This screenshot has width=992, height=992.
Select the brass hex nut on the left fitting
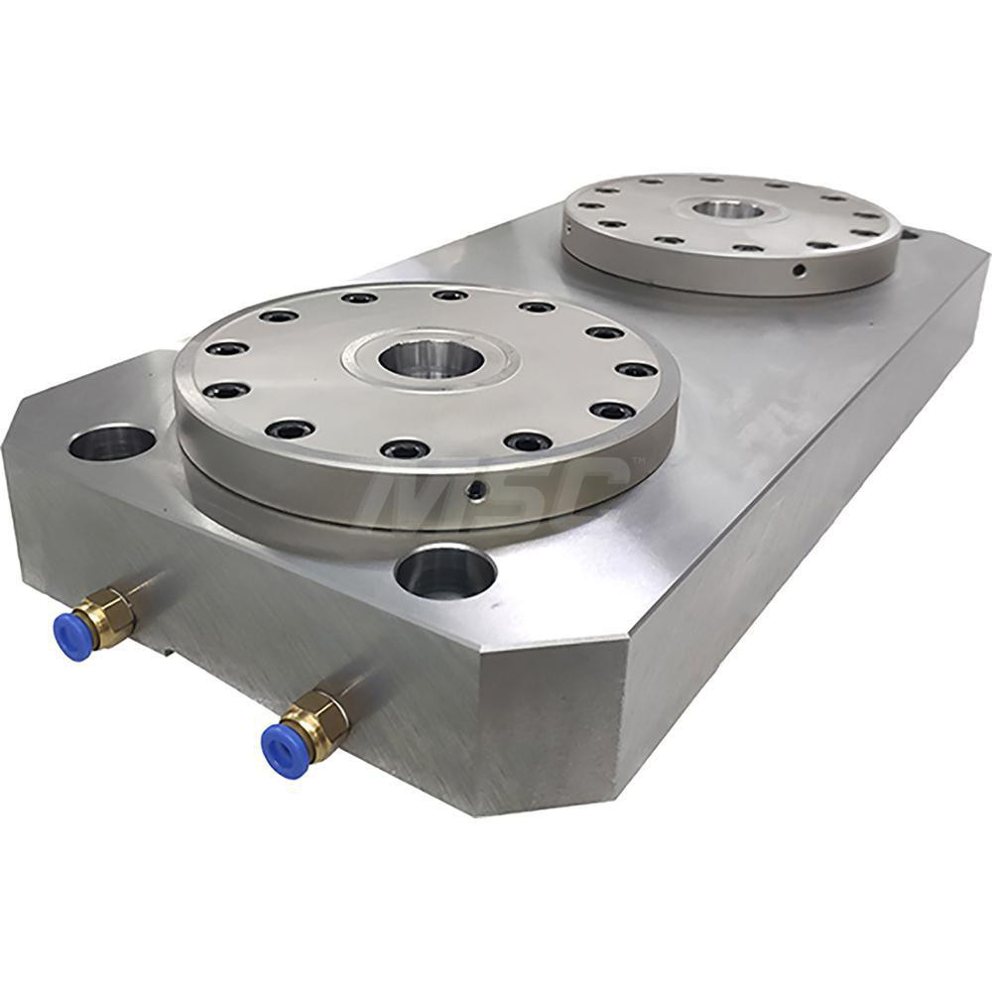pyautogui.click(x=109, y=616)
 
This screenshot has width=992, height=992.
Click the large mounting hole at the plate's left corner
pyautogui.click(x=111, y=442)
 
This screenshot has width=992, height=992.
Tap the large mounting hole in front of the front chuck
pyautogui.click(x=444, y=573)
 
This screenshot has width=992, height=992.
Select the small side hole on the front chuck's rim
pyautogui.click(x=478, y=490)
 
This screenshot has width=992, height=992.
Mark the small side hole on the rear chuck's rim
pyautogui.click(x=797, y=270)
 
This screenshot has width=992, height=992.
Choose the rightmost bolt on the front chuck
pyautogui.click(x=636, y=370)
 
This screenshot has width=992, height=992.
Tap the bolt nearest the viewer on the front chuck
pyautogui.click(x=405, y=449)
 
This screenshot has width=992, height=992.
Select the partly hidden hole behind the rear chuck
pyautogui.click(x=909, y=235)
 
